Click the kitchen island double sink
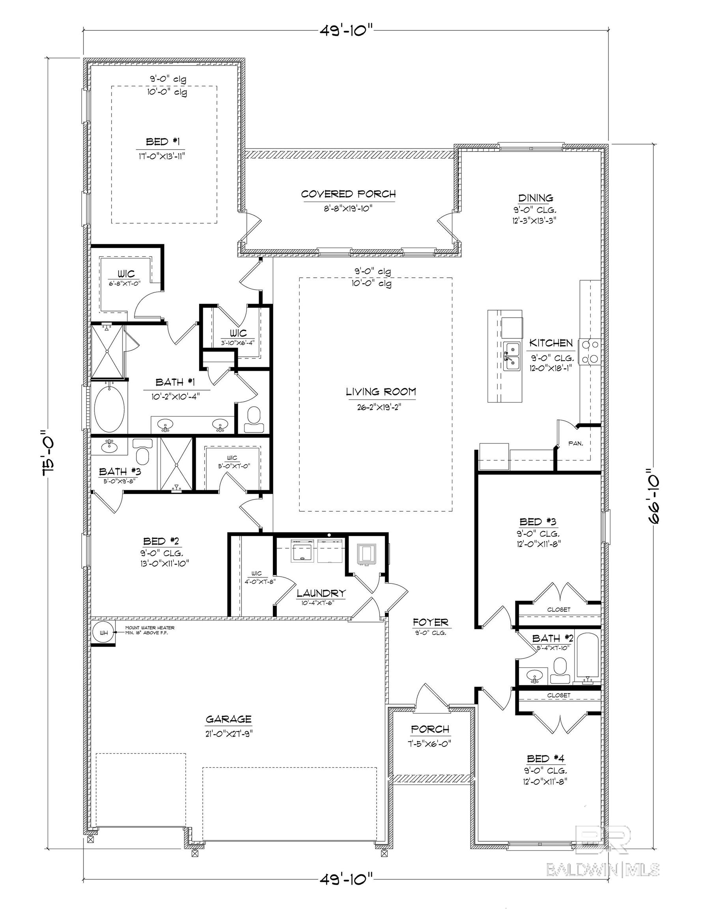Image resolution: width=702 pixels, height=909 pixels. (x=512, y=356)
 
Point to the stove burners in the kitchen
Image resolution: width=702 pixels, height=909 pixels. (x=591, y=352)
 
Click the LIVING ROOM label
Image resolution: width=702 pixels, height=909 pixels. (x=381, y=392)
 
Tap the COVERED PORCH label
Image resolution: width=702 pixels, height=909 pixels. (x=348, y=194)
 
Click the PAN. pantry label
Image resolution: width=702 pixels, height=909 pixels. (x=575, y=444)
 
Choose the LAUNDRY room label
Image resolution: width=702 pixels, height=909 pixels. (x=321, y=593)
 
